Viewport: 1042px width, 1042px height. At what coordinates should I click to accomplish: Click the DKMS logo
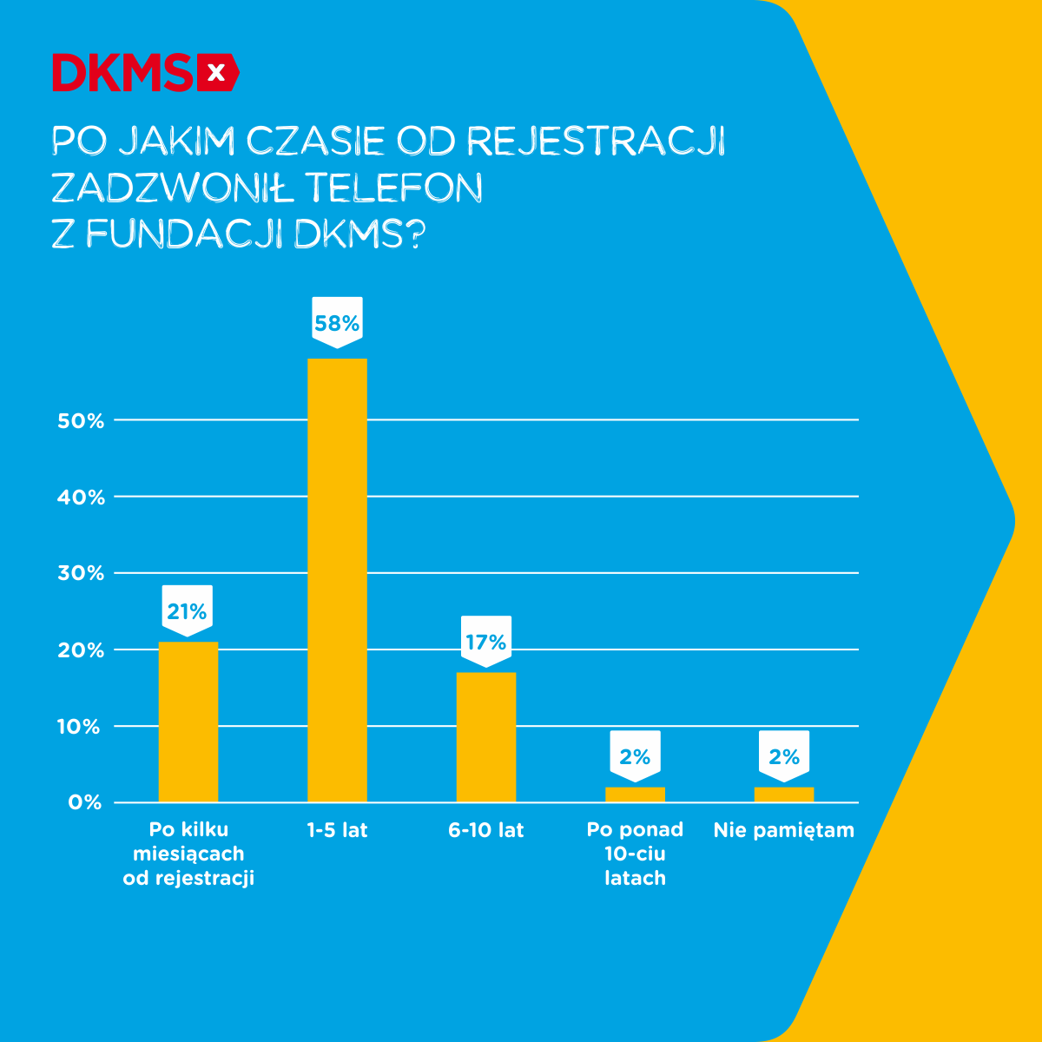145,73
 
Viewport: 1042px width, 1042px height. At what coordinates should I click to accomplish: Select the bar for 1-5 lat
337,580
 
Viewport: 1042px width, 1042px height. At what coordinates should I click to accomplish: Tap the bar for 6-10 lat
486,736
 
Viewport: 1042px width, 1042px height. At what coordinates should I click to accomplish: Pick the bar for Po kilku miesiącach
188,722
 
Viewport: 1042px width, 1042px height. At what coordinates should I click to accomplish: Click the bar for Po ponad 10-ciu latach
635,795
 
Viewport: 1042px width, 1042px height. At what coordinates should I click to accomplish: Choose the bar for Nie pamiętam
784,795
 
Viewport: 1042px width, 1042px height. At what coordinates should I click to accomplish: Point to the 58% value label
337,323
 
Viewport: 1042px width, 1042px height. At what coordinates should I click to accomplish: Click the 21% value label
188,611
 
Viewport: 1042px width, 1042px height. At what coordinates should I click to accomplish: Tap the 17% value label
486,642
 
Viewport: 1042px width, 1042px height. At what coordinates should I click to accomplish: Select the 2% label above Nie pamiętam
784,756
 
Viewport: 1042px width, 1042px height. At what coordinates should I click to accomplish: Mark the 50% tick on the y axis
81,421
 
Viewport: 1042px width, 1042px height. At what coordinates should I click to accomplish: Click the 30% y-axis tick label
81,574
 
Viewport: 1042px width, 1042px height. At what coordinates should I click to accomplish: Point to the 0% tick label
85,803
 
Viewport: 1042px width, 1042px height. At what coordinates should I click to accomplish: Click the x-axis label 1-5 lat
337,830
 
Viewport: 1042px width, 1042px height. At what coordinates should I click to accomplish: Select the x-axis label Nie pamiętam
784,830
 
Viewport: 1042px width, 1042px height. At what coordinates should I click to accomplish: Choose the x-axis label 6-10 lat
486,830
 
